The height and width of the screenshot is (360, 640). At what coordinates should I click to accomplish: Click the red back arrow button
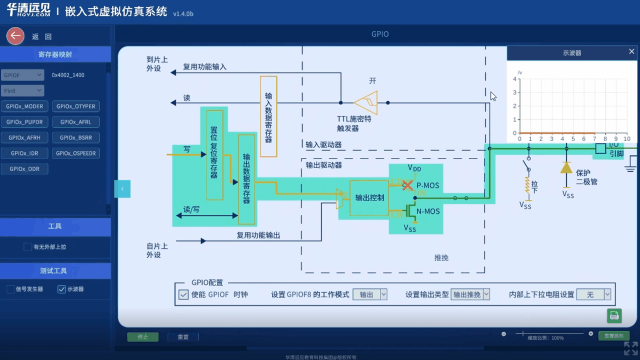coord(15,36)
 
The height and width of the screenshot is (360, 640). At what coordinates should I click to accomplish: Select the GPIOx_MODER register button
coord(25,106)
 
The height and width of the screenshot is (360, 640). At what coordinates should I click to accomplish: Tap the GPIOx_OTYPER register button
coord(75,106)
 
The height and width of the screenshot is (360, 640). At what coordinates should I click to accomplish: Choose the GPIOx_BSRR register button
coord(75,137)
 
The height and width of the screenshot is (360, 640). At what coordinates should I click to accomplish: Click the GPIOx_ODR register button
coord(24,169)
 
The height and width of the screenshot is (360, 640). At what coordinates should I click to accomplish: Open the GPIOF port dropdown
coord(22,75)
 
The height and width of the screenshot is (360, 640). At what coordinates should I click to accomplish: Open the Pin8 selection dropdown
coord(22,90)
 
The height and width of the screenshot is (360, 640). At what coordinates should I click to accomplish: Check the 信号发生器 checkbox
coord(11,289)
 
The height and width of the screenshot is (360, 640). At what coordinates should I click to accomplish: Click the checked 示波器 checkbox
coord(61,289)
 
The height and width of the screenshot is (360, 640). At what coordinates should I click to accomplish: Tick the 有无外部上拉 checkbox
coord(28,246)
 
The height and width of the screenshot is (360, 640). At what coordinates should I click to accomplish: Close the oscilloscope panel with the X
coord(631,51)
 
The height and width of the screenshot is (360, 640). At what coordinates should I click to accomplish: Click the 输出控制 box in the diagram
coord(369,197)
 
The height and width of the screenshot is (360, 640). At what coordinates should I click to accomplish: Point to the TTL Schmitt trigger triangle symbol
coord(366,102)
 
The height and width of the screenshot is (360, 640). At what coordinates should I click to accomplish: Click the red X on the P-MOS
coord(408,185)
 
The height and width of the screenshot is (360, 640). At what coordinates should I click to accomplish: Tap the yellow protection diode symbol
coord(566,167)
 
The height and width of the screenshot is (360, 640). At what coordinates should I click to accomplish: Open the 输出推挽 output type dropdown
coord(470,294)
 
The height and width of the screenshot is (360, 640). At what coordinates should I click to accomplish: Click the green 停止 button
coord(142,337)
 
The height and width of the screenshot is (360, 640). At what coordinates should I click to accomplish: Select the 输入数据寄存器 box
coord(268,116)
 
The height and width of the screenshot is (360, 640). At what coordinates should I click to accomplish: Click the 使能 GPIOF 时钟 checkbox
coord(183,294)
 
